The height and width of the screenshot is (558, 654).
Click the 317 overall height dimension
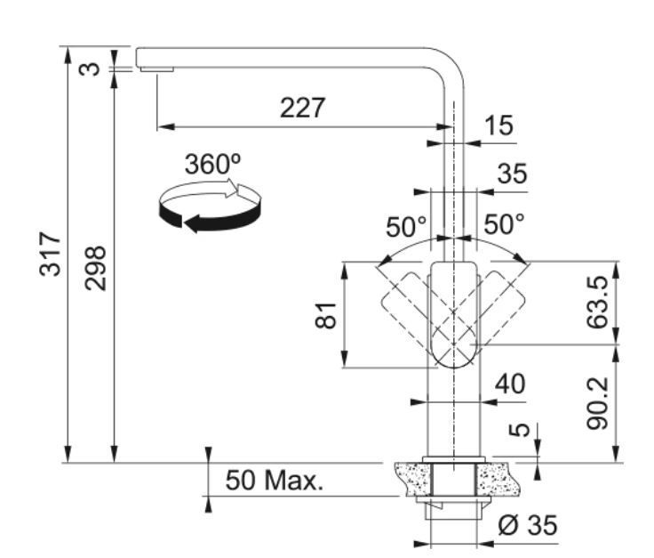(x=50, y=254)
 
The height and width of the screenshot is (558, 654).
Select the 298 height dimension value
(x=95, y=268)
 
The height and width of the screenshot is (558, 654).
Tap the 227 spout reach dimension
(x=302, y=108)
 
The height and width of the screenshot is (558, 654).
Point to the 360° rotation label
(x=212, y=164)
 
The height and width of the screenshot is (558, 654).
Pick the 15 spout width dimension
(x=498, y=125)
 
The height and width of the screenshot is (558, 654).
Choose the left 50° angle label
(x=406, y=227)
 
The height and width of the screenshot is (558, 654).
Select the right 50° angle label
(x=504, y=224)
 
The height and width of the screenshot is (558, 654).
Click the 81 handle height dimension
(x=325, y=315)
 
